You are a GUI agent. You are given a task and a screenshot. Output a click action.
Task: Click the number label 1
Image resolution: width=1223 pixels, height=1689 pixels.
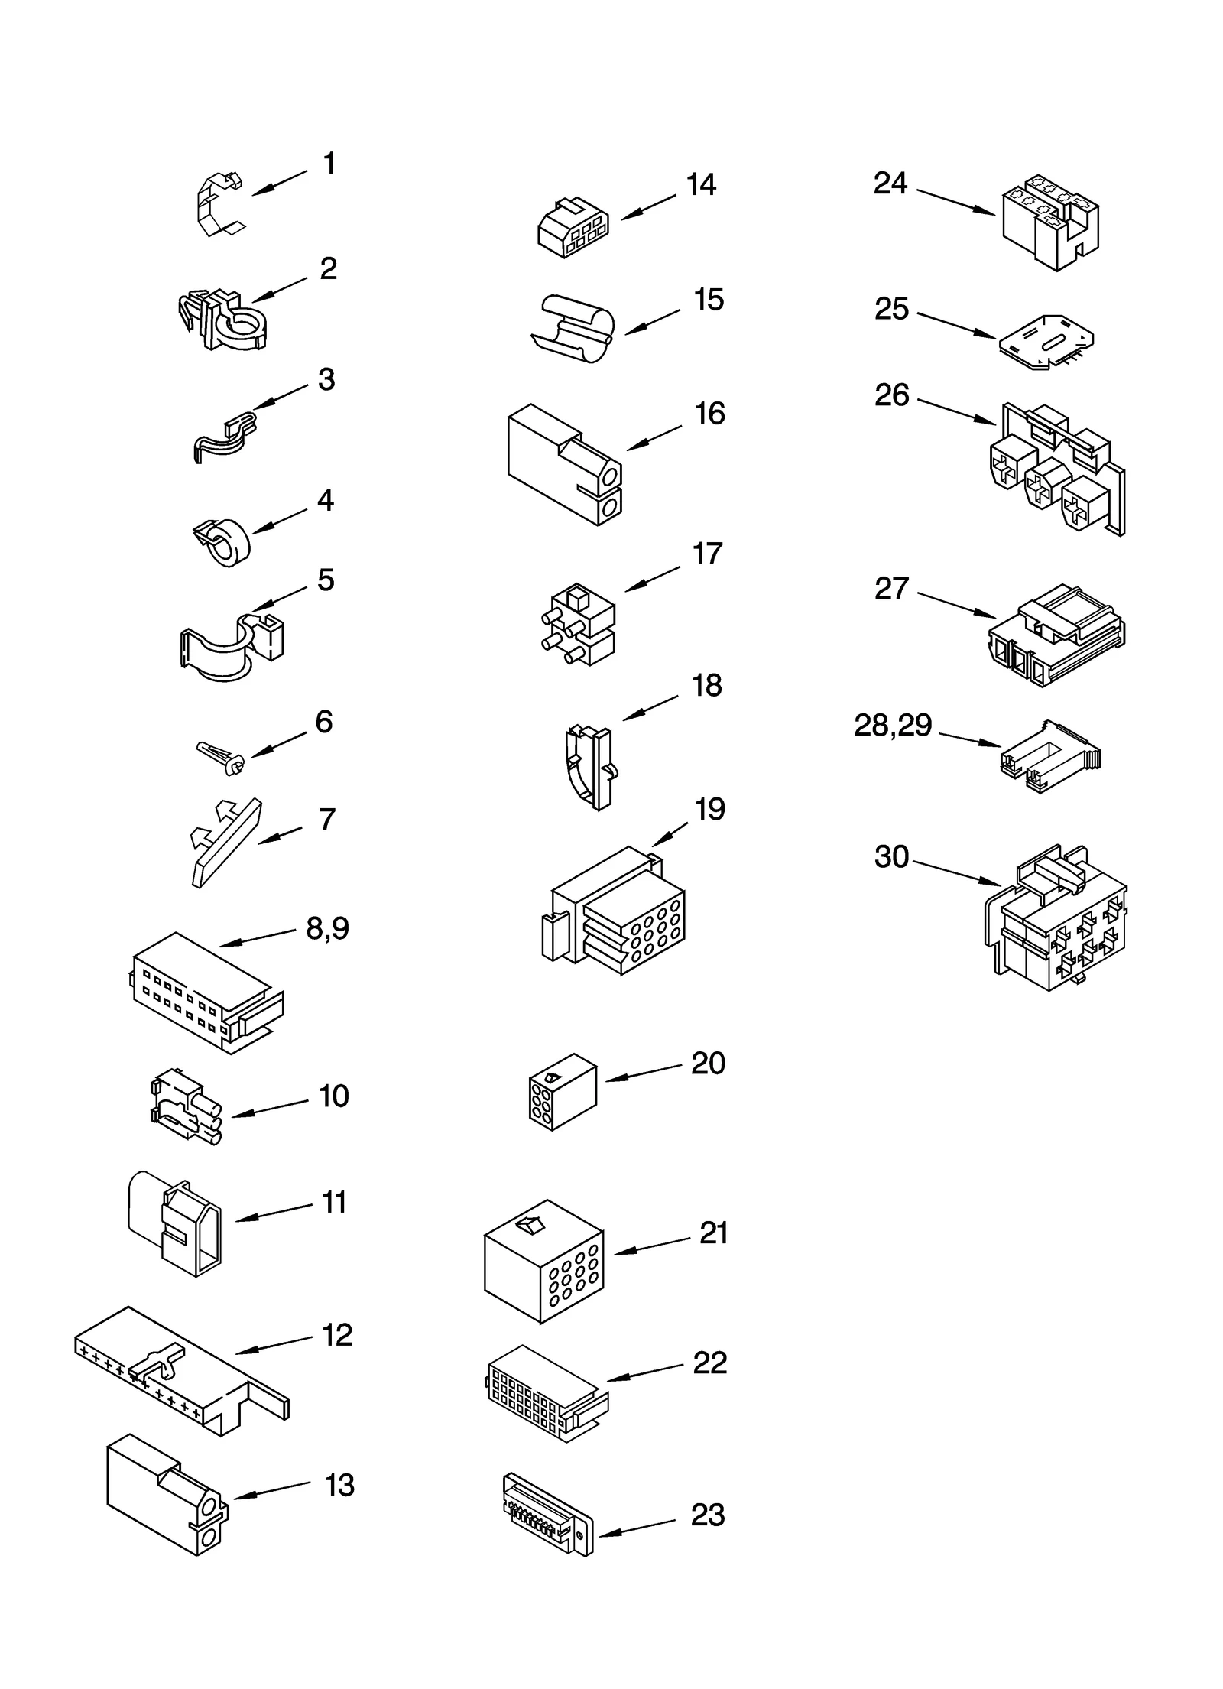(x=329, y=164)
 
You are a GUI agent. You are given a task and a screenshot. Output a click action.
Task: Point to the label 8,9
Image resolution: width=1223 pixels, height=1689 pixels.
(x=327, y=928)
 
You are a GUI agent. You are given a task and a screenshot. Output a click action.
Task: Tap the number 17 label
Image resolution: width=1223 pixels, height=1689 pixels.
(x=707, y=554)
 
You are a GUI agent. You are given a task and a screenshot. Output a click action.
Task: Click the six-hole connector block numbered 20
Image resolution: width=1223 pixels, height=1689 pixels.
(x=562, y=1091)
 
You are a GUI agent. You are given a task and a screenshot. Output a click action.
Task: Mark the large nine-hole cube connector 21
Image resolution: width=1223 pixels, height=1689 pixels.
(x=543, y=1259)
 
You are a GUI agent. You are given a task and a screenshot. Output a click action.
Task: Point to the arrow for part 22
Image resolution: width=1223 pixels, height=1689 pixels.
(x=644, y=1372)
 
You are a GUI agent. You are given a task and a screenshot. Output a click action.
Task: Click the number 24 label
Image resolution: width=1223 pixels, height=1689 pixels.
(x=890, y=183)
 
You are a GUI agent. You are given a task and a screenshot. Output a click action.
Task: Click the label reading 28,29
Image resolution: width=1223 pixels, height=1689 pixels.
(x=892, y=726)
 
